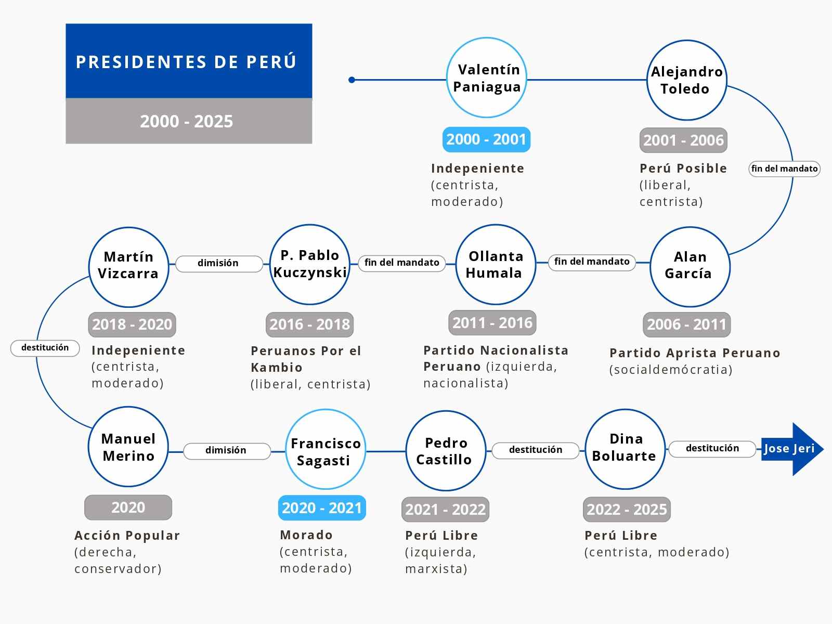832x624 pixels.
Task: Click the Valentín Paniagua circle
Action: [487, 77]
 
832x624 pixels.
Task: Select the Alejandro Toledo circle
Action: [686, 80]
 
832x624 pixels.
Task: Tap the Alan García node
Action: [690, 267]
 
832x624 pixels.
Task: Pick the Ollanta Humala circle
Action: [496, 265]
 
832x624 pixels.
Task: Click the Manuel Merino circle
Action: [128, 447]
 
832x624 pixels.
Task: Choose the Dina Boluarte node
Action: [625, 449]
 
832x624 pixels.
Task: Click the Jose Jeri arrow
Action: [792, 449]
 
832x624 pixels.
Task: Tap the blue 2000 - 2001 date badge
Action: [486, 139]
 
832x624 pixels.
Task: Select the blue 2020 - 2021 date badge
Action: [322, 508]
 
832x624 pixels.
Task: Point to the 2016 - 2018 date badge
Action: [309, 324]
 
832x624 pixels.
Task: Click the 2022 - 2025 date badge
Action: [627, 510]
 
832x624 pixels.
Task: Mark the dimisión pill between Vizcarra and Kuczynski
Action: [219, 264]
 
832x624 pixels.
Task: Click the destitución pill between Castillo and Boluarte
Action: [535, 450]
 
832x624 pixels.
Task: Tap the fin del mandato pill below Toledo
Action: [784, 168]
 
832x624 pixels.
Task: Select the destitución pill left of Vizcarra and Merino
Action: [45, 348]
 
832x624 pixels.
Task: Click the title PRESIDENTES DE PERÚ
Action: [186, 62]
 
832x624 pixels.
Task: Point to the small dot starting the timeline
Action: [352, 80]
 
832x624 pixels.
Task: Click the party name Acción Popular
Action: [127, 536]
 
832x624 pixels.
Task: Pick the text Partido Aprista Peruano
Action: [695, 353]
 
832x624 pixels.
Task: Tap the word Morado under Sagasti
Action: [306, 535]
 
